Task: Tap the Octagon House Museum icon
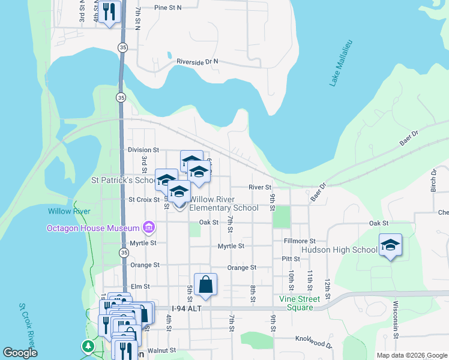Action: pos(148,227)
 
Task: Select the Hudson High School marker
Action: pos(390,245)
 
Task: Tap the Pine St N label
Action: pos(167,8)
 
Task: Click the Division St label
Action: pos(143,149)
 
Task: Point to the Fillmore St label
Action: pos(299,241)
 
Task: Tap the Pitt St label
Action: pos(291,259)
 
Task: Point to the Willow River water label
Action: pos(70,211)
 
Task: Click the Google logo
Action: pos(20,353)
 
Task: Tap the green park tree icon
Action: pos(88,346)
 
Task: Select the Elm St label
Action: pos(140,287)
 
